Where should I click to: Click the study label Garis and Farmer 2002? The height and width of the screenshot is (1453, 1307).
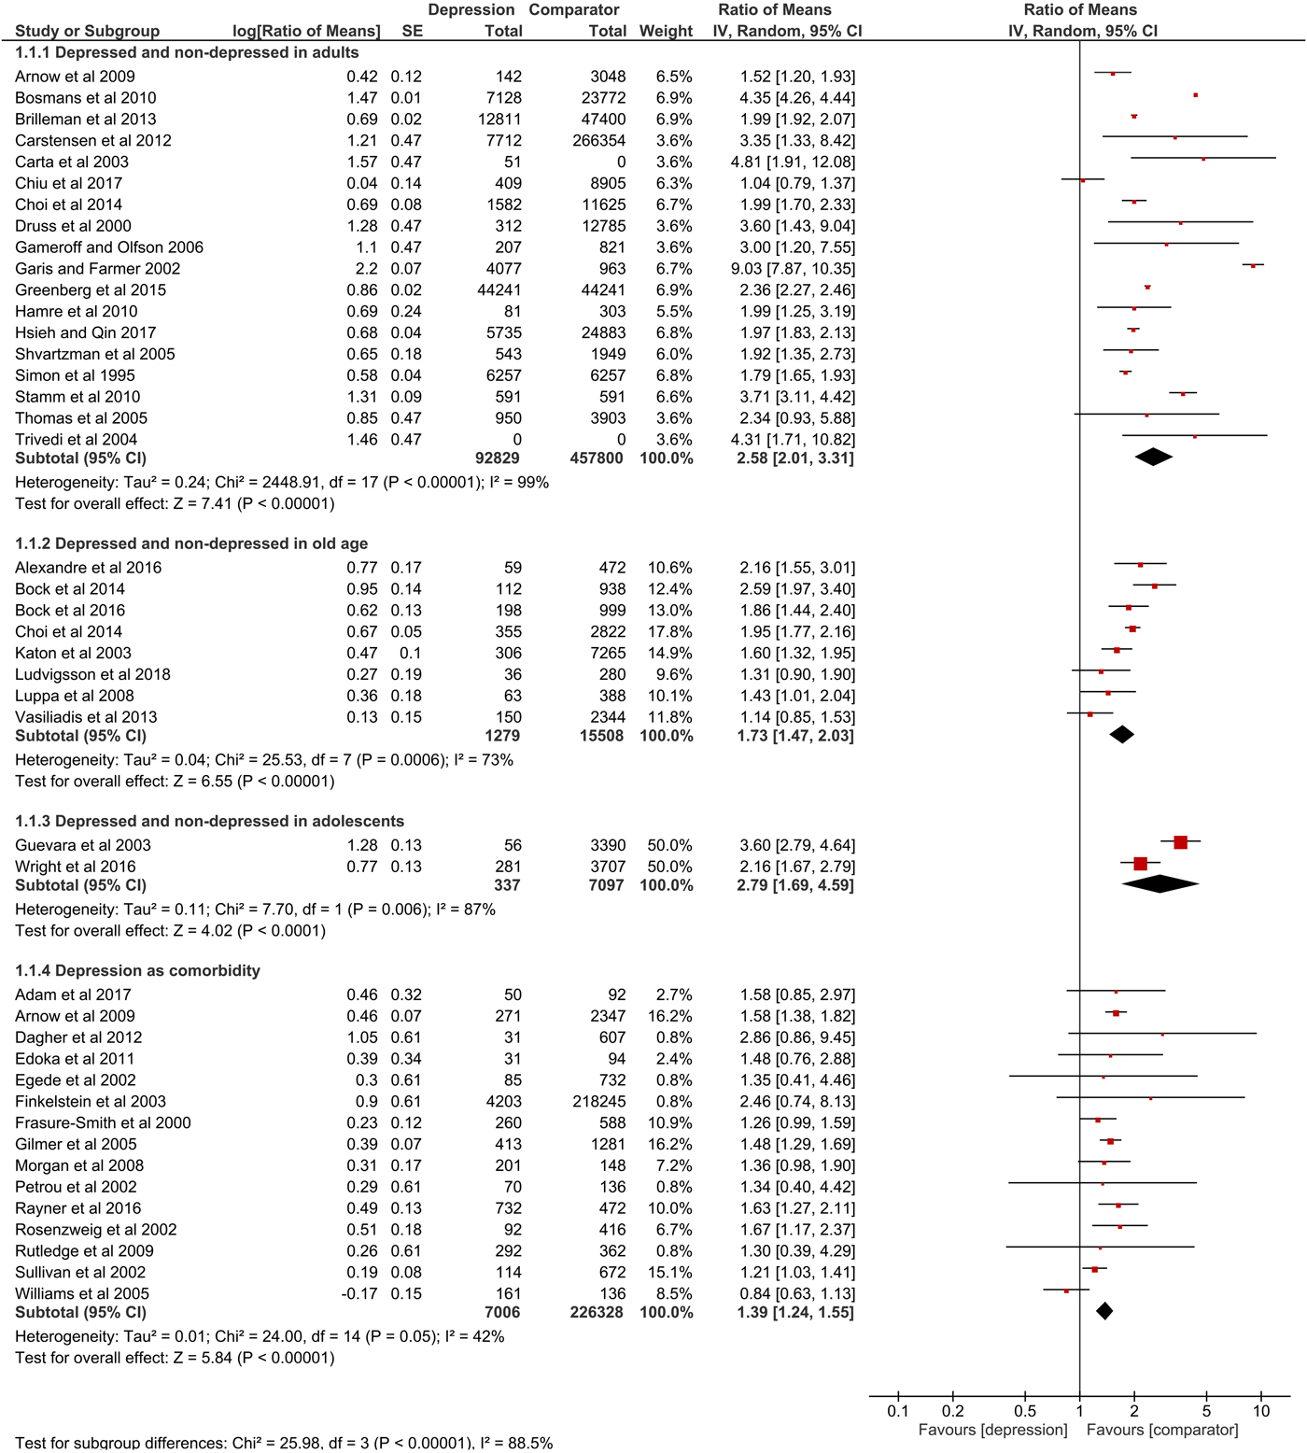[98, 269]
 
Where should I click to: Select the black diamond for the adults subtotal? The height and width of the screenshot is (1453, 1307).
[1154, 457]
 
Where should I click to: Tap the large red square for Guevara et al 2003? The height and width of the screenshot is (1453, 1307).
[1180, 842]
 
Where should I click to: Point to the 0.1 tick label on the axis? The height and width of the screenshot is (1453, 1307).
[898, 1411]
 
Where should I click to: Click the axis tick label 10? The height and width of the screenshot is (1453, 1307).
[1261, 1411]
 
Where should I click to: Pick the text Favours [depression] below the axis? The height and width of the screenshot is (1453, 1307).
[992, 1430]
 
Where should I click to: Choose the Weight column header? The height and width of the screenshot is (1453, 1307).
[666, 31]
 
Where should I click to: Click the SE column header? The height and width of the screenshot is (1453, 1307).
[412, 31]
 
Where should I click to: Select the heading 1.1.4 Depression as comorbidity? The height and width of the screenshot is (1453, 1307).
[137, 970]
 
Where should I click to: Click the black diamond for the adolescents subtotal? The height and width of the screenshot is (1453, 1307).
[1159, 883]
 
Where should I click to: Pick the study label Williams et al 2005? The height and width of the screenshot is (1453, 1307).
[82, 1294]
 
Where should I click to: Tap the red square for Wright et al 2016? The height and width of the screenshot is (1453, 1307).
[1140, 864]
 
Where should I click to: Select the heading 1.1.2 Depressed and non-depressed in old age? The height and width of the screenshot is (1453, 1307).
[191, 543]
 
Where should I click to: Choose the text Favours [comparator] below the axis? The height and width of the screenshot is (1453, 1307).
[1162, 1430]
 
